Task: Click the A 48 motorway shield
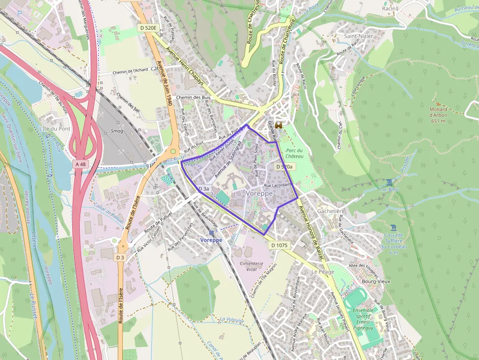point(80,165)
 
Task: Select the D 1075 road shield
point(279,245)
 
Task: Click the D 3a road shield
point(203,189)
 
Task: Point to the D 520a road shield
point(284,167)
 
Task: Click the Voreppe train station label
point(211,240)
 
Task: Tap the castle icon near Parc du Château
point(279,126)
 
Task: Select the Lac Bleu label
point(389,189)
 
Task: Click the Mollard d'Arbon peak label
point(438,114)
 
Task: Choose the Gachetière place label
point(331,211)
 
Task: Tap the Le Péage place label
point(323,271)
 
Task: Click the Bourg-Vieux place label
point(375,281)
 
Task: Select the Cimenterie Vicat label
point(252,266)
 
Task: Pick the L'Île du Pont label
point(54,128)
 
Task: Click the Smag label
point(117,131)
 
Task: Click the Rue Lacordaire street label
point(278,185)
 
